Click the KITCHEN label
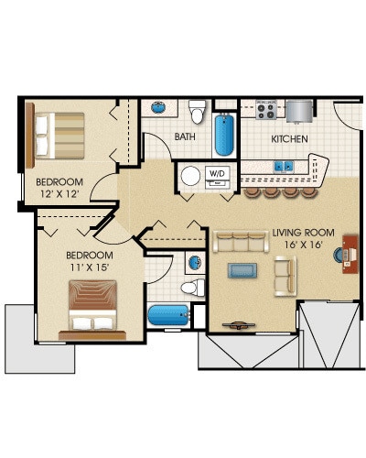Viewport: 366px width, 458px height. [x=289, y=139]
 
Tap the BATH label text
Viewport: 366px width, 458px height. [x=185, y=136]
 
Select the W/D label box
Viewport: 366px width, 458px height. [x=217, y=174]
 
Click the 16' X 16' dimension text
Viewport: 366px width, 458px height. [x=304, y=245]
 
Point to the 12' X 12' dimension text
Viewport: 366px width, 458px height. [x=59, y=194]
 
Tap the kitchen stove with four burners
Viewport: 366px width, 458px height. [x=266, y=110]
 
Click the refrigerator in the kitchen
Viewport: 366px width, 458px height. [x=299, y=111]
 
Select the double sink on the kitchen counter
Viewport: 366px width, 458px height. [x=284, y=167]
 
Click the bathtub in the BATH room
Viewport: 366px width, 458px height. [x=224, y=135]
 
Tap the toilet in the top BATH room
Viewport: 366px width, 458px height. [x=197, y=112]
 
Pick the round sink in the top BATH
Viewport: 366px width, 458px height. [x=158, y=107]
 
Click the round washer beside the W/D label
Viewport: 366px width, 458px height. [x=190, y=176]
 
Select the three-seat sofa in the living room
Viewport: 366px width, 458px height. [x=241, y=242]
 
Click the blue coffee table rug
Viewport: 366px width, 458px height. [x=242, y=270]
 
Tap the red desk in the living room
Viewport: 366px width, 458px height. [x=350, y=254]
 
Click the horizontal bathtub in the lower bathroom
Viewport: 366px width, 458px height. [x=169, y=315]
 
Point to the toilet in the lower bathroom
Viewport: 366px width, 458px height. [x=193, y=288]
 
